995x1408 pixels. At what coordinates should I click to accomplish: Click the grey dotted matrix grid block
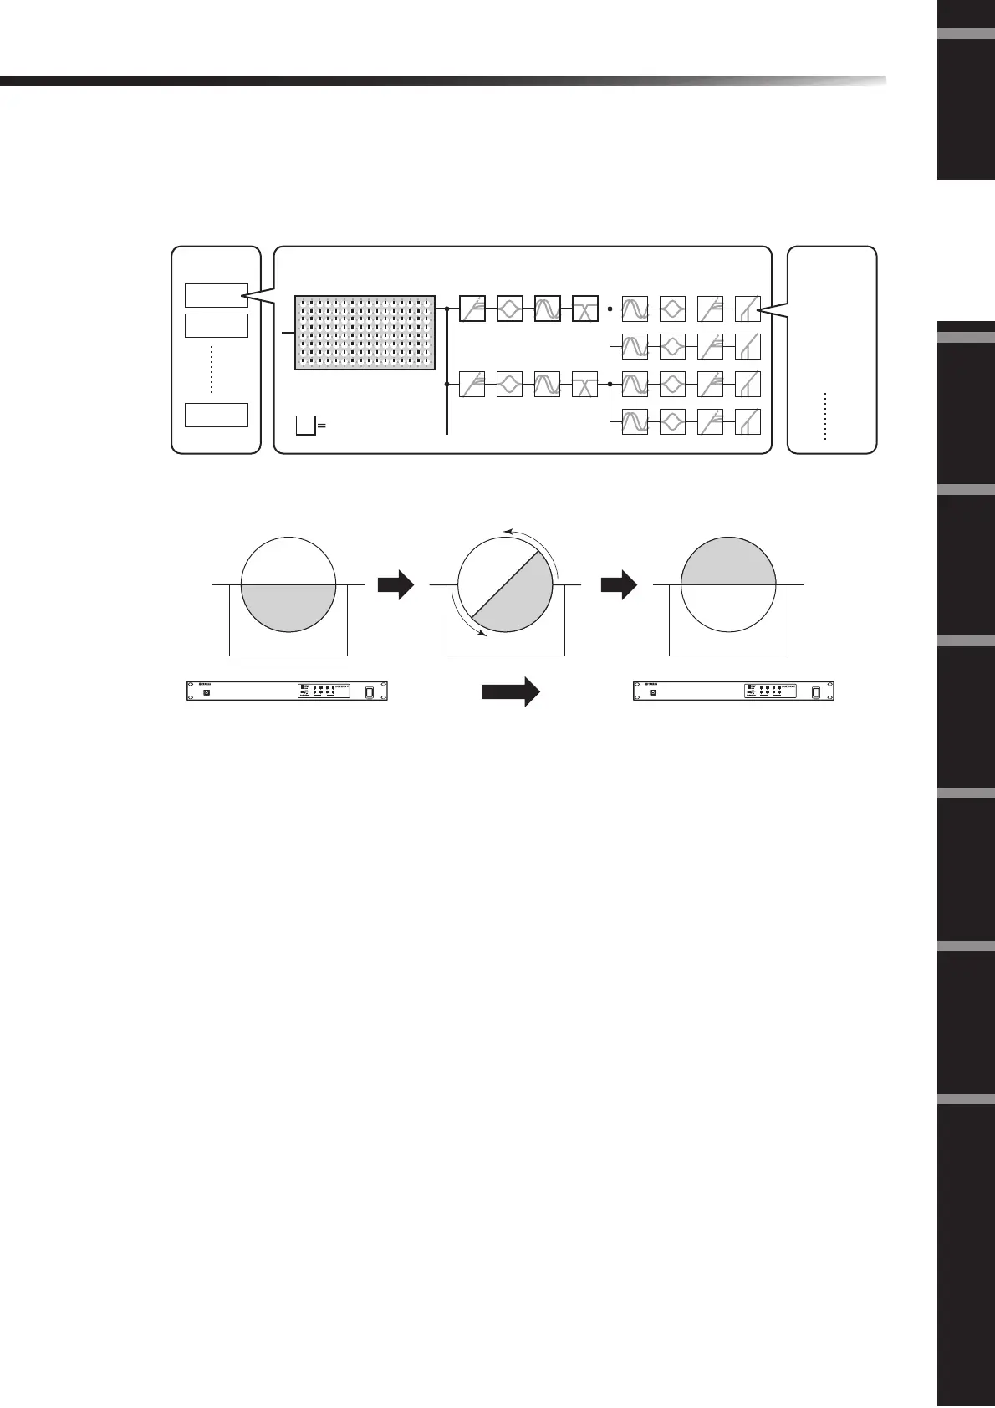(365, 332)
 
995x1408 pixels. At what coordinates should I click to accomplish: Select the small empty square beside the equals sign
(305, 426)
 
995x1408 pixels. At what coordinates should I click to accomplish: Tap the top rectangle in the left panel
(216, 295)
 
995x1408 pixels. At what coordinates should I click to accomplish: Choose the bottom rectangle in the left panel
(216, 415)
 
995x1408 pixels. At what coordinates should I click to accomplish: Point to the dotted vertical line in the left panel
(212, 369)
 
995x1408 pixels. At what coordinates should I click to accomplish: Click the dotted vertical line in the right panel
(824, 416)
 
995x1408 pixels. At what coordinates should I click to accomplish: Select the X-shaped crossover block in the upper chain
(584, 309)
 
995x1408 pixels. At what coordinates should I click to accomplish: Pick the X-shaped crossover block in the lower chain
(584, 385)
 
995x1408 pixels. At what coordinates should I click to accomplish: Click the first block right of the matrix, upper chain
(472, 309)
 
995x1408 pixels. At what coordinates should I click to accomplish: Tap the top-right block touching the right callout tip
(748, 309)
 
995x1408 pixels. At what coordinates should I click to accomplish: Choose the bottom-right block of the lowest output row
(748, 422)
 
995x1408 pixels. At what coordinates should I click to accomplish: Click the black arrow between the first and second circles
(395, 585)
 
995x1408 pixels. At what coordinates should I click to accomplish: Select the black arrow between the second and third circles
(619, 585)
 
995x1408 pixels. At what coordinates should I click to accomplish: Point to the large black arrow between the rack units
(511, 692)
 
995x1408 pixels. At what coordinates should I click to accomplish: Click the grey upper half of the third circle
(729, 561)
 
